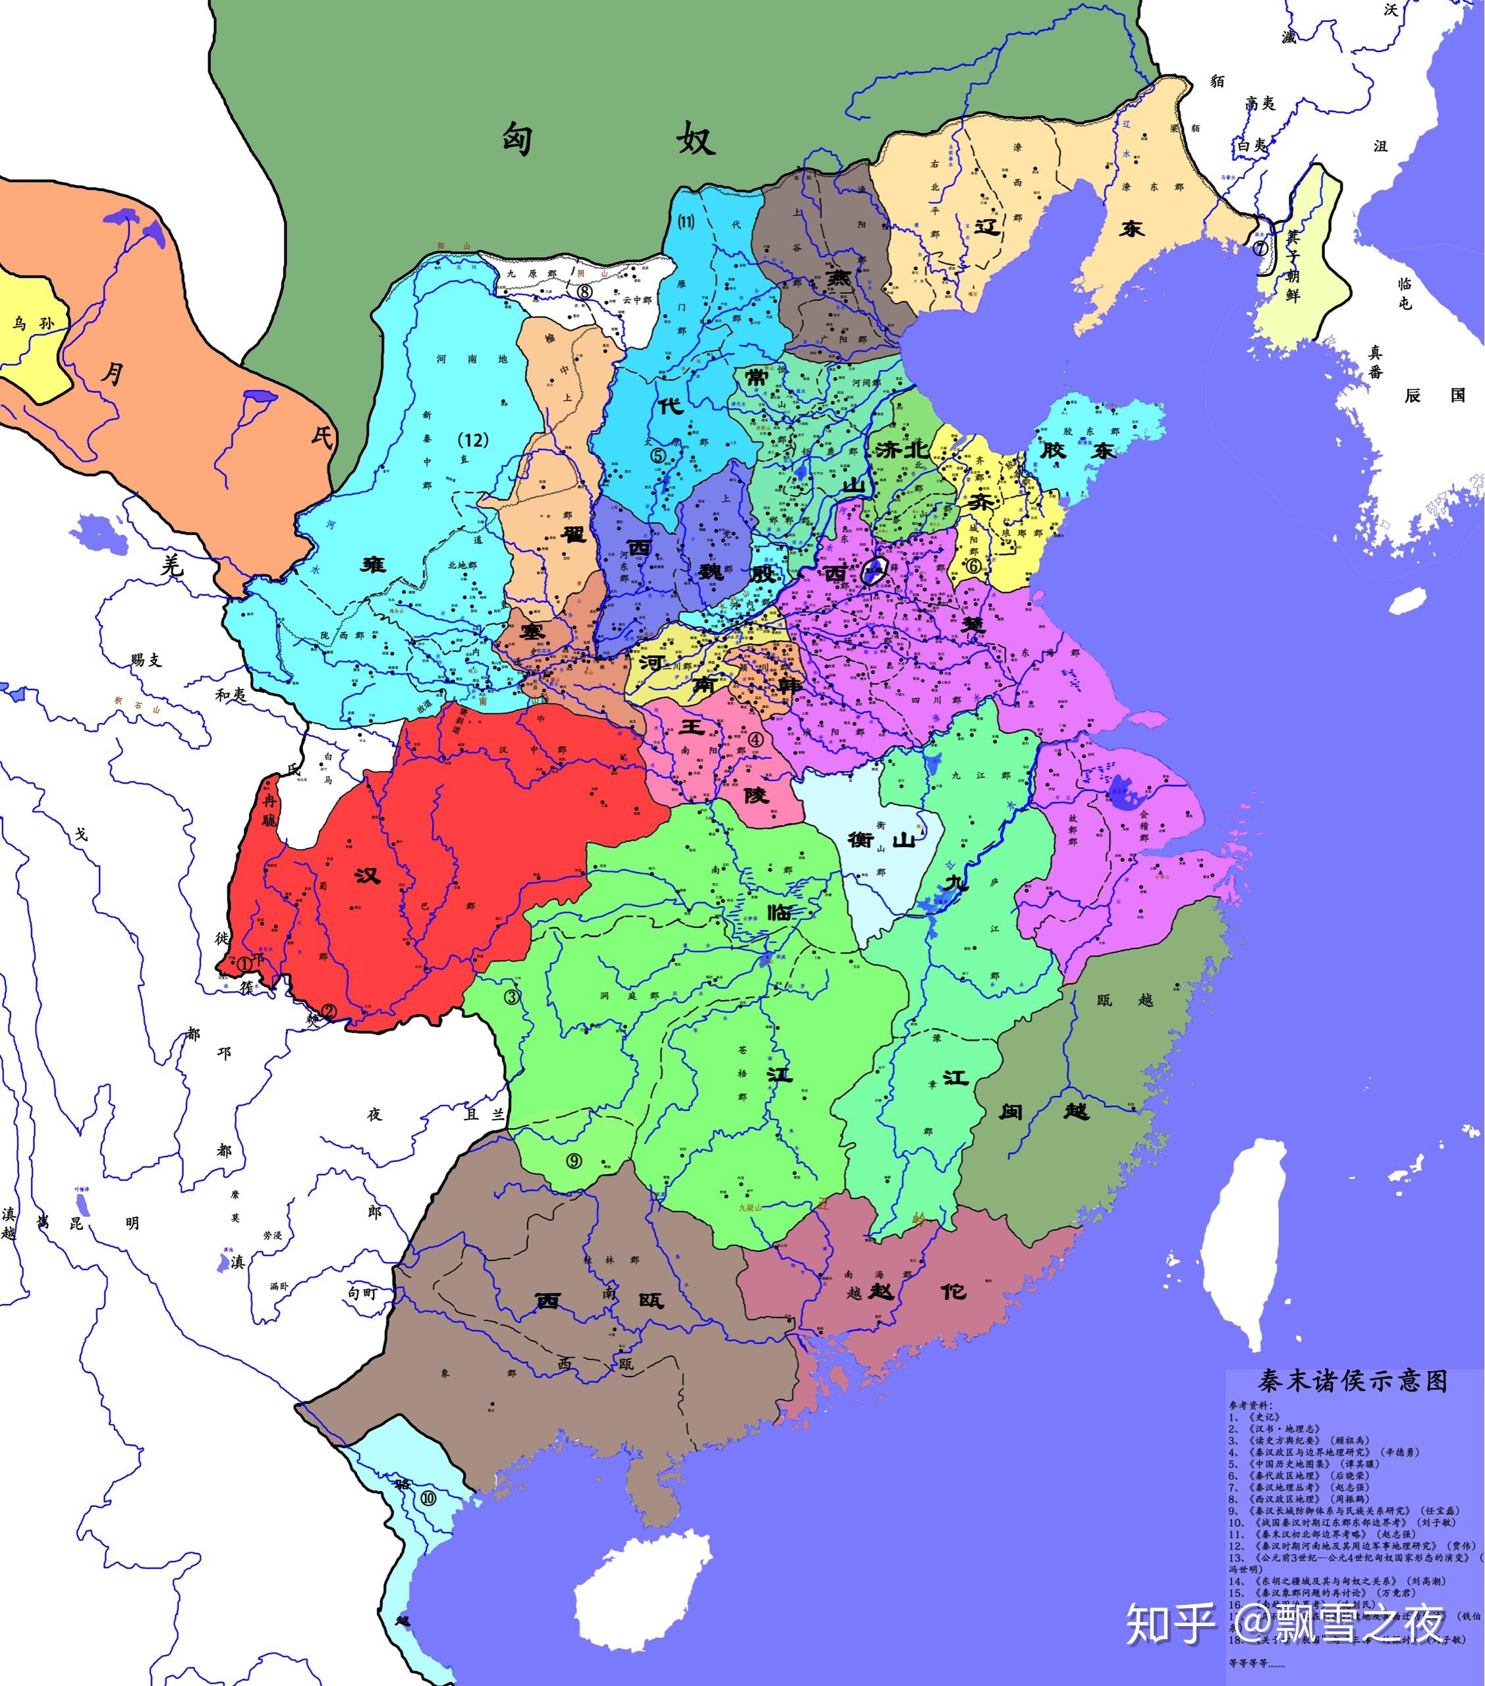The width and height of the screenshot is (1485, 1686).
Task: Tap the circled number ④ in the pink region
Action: [755, 738]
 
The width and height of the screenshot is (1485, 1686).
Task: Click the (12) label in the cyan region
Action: [473, 440]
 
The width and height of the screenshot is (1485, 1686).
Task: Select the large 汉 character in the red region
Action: [367, 875]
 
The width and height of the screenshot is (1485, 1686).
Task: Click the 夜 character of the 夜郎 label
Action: [375, 1114]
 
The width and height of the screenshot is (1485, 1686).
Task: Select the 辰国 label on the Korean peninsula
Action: [1435, 395]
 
